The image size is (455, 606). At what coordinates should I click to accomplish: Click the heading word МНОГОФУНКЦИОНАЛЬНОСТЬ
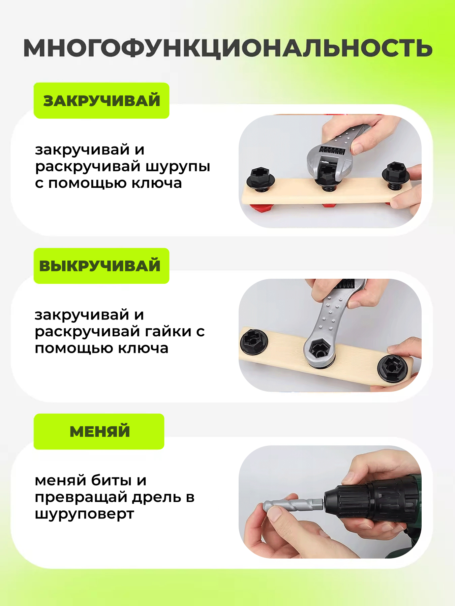[228, 48]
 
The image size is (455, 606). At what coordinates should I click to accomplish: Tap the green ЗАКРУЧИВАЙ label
[101, 101]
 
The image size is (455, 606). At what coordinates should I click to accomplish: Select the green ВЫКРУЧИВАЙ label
[101, 266]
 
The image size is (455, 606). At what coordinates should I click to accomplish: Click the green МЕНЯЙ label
[99, 432]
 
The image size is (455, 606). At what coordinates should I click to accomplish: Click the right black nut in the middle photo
[391, 368]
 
